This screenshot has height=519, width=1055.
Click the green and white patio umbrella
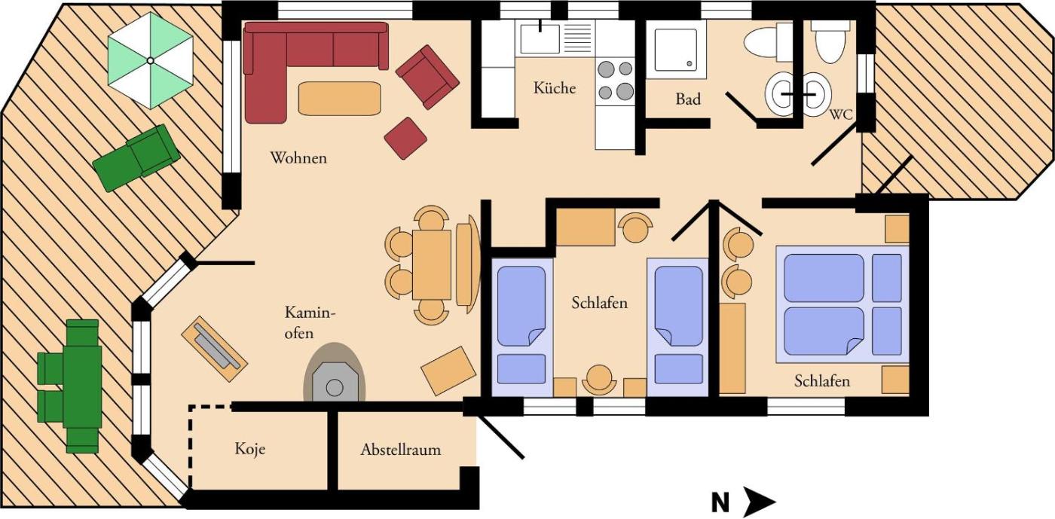(150, 60)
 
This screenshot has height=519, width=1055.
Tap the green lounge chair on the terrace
(136, 157)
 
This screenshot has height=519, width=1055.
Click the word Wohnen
(298, 157)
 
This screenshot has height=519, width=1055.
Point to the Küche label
(555, 88)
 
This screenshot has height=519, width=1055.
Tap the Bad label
(688, 99)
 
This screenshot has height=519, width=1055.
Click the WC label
(841, 114)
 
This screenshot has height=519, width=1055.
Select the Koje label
(250, 449)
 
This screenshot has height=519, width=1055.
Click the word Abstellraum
(401, 450)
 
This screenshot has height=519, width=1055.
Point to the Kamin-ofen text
(310, 322)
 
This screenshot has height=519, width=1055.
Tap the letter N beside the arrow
(720, 502)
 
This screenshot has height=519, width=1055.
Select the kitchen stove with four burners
(616, 81)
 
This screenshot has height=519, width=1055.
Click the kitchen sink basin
(540, 38)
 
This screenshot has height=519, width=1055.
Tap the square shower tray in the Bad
(676, 50)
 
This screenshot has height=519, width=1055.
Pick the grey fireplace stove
(335, 373)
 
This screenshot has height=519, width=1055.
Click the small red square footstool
(405, 138)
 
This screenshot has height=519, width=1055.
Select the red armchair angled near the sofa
(427, 77)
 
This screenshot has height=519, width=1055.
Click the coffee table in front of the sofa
(340, 99)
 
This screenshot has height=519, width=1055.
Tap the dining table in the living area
(431, 264)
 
